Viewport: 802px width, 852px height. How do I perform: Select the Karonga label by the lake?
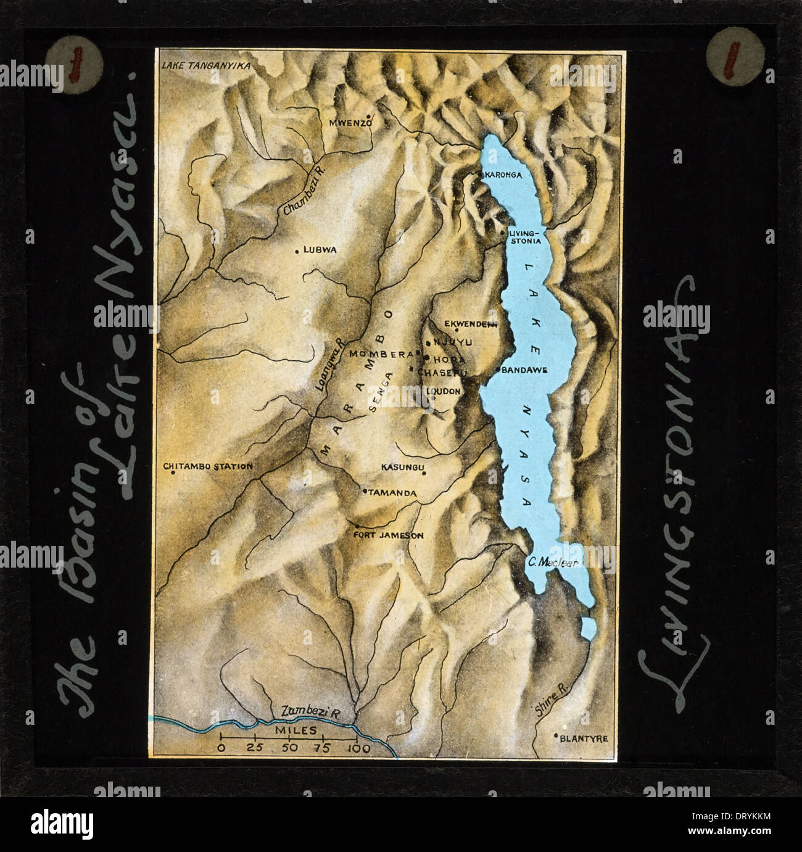(x=503, y=175)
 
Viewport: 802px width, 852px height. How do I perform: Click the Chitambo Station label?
(x=209, y=466)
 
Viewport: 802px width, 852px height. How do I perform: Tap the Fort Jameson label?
(x=389, y=536)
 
